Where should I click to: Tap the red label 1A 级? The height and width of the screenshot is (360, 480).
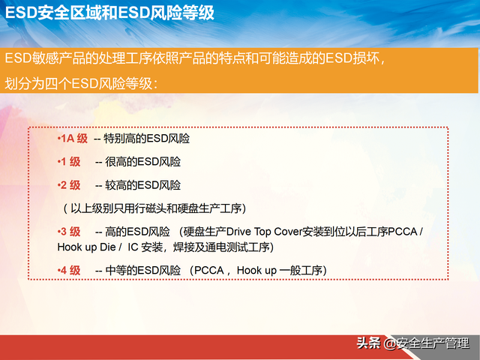[73, 139]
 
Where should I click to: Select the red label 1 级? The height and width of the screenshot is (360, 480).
[70, 162]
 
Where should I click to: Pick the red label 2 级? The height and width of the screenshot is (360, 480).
[70, 184]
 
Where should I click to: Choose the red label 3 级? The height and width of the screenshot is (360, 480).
[70, 231]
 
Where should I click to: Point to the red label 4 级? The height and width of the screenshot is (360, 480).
[70, 270]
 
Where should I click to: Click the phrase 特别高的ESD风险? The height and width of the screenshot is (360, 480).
[146, 139]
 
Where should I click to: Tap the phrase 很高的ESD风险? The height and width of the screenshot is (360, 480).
[142, 162]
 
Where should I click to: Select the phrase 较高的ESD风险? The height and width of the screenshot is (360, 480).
[142, 184]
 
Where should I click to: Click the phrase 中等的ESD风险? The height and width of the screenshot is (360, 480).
[142, 270]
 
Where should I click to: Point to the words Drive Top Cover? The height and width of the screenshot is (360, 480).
[262, 231]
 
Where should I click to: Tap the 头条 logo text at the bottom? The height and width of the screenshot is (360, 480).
[368, 343]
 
